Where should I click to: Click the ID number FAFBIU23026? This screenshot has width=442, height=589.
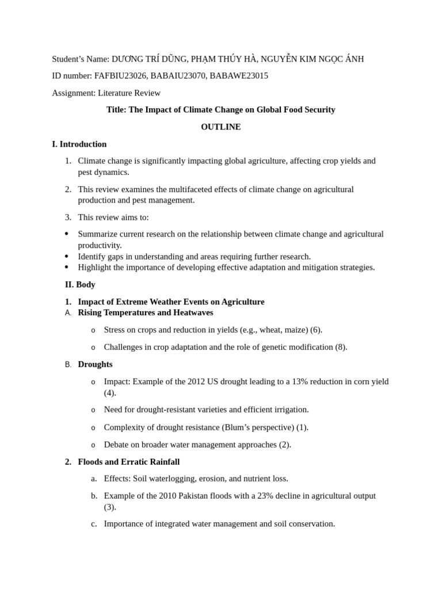click(120, 76)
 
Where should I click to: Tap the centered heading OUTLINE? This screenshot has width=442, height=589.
click(220, 127)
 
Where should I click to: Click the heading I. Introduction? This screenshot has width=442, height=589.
click(79, 144)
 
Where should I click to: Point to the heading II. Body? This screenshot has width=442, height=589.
click(80, 285)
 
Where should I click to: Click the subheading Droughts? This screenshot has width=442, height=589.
click(95, 364)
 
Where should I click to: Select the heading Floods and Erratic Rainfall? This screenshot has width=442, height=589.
click(129, 462)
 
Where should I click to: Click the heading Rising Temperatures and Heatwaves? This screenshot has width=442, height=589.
click(146, 313)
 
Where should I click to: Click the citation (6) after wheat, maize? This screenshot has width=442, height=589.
click(316, 330)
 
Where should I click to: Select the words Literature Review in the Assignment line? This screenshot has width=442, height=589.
click(129, 93)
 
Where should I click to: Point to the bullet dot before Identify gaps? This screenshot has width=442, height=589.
click(67, 257)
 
